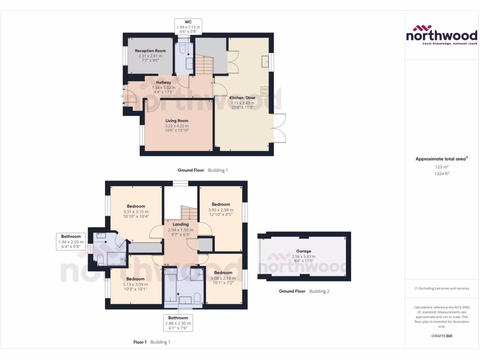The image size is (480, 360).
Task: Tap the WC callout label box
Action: [188, 25]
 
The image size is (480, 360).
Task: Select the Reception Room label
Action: [150, 51]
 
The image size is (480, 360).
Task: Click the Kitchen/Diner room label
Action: [242, 98]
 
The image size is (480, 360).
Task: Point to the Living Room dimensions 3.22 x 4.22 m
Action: [177, 126]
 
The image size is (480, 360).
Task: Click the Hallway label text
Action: [164, 82]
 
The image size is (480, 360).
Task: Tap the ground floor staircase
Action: [203, 64]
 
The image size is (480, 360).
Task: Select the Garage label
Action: [303, 251]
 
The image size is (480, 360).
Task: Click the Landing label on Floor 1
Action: [180, 224]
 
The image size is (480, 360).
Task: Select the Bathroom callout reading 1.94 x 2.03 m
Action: [72, 241]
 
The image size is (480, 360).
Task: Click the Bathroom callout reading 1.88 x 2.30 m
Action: [178, 323]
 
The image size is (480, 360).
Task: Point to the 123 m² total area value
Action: [442, 167]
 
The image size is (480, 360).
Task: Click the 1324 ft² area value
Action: [442, 173]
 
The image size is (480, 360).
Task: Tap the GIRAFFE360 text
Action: [442, 336]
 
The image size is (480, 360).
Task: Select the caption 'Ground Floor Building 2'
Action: [304, 291]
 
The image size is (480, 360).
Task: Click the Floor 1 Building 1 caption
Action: [152, 342]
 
